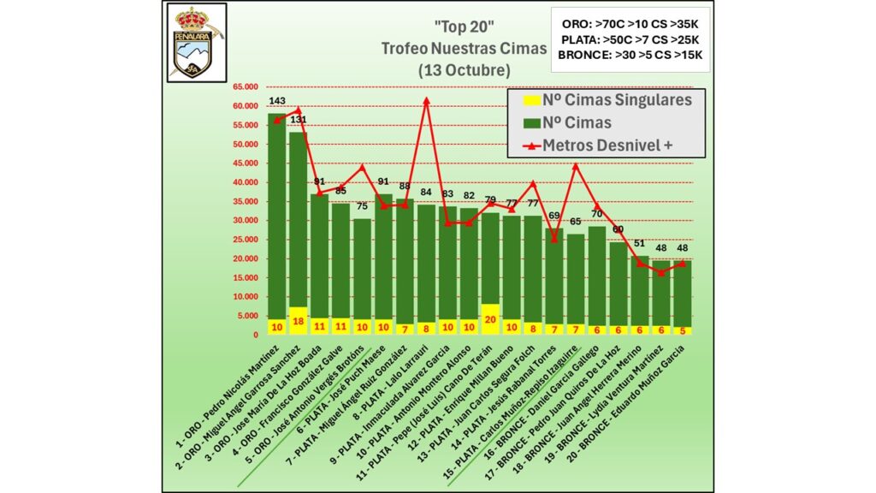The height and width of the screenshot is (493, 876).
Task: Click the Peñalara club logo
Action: tap(195, 42)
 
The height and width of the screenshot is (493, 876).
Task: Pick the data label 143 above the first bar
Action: tap(276, 101)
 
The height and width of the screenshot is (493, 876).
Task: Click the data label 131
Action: tap(298, 120)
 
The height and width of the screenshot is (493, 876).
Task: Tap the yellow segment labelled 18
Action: tap(298, 320)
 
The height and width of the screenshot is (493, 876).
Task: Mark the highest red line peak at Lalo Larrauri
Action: tap(426, 100)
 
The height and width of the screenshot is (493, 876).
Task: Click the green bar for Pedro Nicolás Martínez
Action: tap(276, 214)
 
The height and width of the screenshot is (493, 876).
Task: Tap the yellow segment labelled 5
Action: tap(682, 330)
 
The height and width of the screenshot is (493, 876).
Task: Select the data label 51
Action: tap(639, 244)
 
